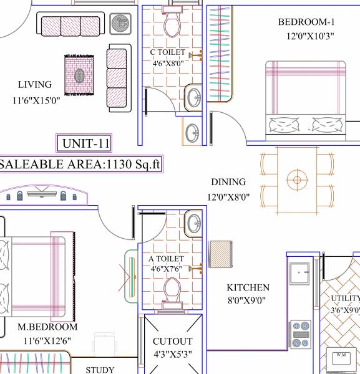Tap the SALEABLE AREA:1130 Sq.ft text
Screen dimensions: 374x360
click(x=81, y=165)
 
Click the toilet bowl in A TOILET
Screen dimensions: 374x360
click(x=171, y=290)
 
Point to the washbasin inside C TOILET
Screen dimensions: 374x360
click(x=194, y=97)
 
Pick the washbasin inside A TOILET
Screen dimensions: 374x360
click(x=194, y=223)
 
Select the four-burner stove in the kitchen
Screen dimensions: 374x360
click(x=301, y=335)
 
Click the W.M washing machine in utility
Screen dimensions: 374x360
click(x=341, y=361)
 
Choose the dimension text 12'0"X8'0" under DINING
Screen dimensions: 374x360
click(x=228, y=196)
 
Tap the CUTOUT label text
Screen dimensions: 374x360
click(x=172, y=342)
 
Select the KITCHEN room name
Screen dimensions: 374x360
click(x=248, y=287)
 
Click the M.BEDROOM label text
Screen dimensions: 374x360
click(x=47, y=327)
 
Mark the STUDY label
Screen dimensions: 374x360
click(x=100, y=370)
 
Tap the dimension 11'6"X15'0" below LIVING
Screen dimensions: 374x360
click(x=36, y=100)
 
